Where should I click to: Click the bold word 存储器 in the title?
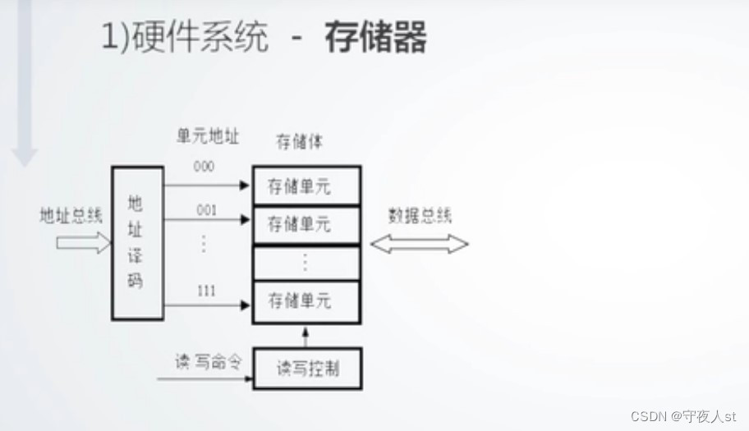coord(375,38)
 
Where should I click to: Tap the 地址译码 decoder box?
coord(137,243)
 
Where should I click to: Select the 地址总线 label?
coord(71,216)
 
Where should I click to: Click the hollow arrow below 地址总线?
coord(82,242)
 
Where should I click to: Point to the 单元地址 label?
coord(208,137)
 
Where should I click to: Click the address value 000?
coord(204,167)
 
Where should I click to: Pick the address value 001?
coord(206,210)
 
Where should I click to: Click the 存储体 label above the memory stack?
coord(299,142)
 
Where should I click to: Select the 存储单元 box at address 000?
coord(306,186)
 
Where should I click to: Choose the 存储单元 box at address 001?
coord(306,223)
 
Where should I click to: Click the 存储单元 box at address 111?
coord(306,300)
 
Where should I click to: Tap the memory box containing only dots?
coord(306,263)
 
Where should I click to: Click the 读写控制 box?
coord(306,369)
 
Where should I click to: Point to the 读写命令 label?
coord(208,362)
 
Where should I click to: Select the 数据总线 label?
coord(420,216)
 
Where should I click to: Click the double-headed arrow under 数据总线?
coord(419,243)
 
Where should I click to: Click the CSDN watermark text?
coord(685,416)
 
